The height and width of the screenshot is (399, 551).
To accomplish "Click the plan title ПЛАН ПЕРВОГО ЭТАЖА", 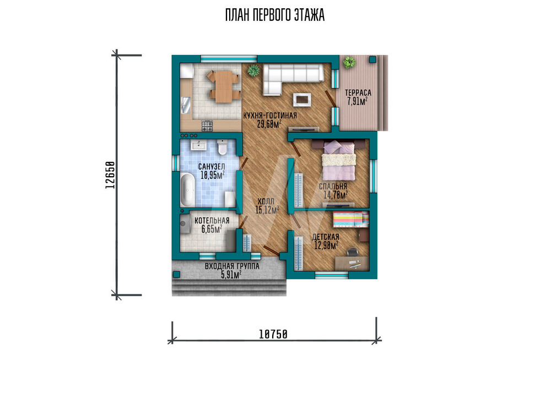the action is (275, 15).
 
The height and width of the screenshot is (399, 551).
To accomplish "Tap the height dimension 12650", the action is (110, 175).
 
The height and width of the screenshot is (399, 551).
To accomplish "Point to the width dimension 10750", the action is (273, 335).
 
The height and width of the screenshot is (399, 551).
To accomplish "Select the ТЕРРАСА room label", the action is (358, 92).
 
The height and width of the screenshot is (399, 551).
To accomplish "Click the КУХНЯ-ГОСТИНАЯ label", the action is (270, 116).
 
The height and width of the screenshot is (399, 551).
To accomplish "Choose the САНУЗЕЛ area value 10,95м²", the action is (213, 175).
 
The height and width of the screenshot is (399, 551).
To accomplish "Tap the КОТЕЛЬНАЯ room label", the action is (212, 220).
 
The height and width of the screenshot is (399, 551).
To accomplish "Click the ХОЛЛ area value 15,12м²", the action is (267, 210).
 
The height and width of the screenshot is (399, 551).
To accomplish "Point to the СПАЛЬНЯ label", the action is (333, 187).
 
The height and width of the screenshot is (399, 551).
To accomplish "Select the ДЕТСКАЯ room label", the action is (326, 237).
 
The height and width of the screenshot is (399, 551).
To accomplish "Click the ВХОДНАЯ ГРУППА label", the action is (232, 266).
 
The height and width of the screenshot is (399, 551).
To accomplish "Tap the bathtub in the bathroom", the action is (187, 189).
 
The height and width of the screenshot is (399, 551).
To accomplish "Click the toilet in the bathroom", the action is (222, 147).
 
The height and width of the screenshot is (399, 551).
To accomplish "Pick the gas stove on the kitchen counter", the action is (207, 125).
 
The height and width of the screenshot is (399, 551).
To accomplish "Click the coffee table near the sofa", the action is (302, 99).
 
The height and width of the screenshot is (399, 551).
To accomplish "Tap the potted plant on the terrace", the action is (349, 62).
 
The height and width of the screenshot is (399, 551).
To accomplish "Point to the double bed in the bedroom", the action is (339, 160).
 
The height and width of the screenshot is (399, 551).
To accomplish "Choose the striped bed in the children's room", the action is (350, 220).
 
